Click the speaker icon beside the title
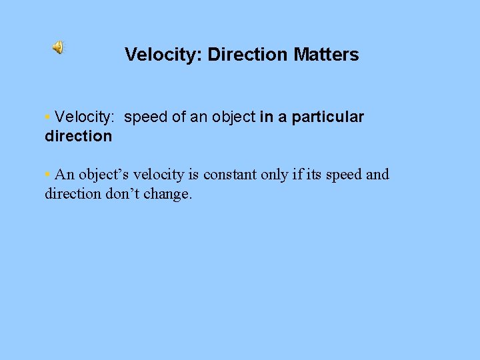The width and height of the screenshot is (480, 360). point(59,47)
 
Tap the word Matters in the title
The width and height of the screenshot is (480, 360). point(327,55)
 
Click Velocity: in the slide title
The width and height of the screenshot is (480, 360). point(163,55)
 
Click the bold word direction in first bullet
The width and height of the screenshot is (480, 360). point(78,136)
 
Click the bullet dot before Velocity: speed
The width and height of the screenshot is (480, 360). point(47,117)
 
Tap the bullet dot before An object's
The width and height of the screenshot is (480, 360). point(47,175)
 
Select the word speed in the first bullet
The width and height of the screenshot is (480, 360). point(145,117)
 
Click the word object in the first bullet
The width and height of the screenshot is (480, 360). point(233,117)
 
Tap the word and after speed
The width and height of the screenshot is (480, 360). point(378,175)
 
